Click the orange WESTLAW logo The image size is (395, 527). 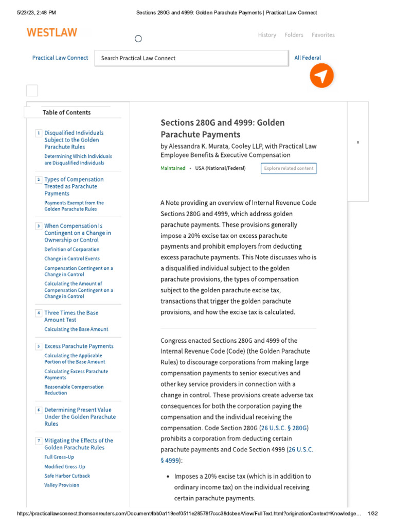pyautogui.click(x=52, y=33)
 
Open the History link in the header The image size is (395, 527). pyautogui.click(x=267, y=35)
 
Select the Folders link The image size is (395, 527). pyautogui.click(x=294, y=35)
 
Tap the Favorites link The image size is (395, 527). pyautogui.click(x=323, y=35)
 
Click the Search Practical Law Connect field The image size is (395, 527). pyautogui.click(x=191, y=58)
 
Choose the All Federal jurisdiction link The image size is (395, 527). pyautogui.click(x=308, y=58)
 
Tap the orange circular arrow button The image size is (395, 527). pyautogui.click(x=321, y=77)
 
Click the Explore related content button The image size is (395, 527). pyautogui.click(x=289, y=168)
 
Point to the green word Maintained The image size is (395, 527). pyautogui.click(x=173, y=168)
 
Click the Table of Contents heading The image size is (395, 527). pyautogui.click(x=66, y=112)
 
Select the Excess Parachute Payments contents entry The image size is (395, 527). pyautogui.click(x=79, y=346)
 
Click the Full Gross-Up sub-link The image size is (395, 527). pyautogui.click(x=60, y=457)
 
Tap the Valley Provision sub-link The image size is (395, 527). pyautogui.click(x=62, y=485)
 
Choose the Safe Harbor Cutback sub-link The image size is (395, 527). pyautogui.click(x=67, y=476)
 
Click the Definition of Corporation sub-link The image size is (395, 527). pyautogui.click(x=71, y=250)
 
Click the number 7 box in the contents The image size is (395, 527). pyautogui.click(x=38, y=441)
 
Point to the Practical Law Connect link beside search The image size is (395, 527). pyautogui.click(x=60, y=58)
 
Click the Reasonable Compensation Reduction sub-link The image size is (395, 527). pyautogui.click(x=74, y=390)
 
